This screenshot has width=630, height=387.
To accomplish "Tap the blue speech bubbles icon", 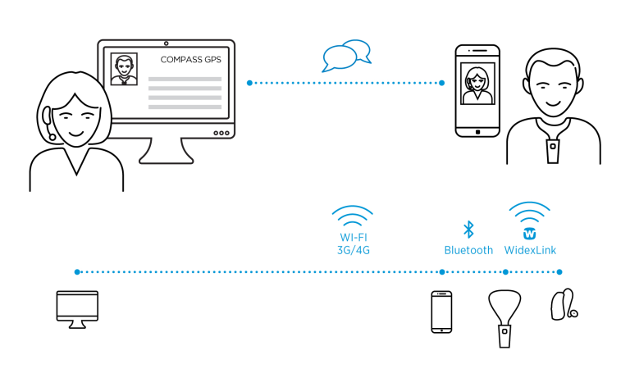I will (x=344, y=56).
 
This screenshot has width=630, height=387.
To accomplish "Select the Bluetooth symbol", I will (x=468, y=229).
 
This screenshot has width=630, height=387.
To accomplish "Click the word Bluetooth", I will (x=468, y=250).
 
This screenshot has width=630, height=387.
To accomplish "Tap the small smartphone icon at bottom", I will (x=441, y=312).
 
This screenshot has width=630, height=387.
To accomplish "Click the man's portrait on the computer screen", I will (x=124, y=70).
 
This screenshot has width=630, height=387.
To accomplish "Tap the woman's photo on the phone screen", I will (x=477, y=84).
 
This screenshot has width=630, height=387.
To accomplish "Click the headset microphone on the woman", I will (x=52, y=134).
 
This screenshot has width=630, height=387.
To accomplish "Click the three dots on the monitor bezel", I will (x=221, y=133).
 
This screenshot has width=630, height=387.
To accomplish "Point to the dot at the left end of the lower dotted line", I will (x=76, y=271).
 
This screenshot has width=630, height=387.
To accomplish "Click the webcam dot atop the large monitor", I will (x=167, y=42).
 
